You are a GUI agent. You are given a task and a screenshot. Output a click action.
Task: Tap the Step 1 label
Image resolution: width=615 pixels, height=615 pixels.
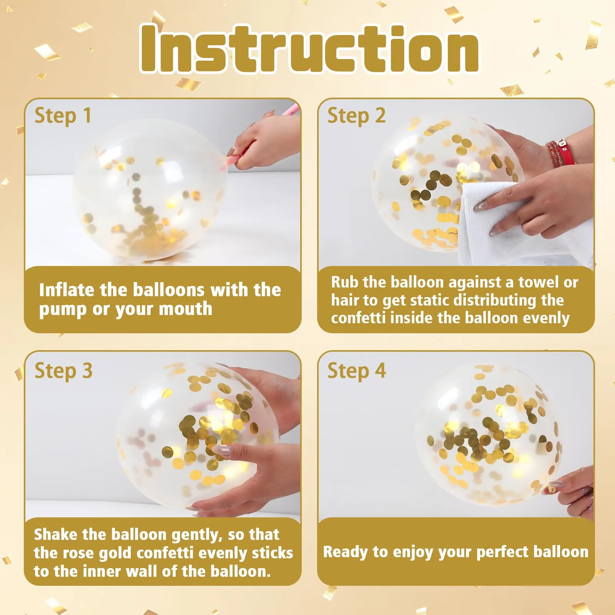tap(63, 116)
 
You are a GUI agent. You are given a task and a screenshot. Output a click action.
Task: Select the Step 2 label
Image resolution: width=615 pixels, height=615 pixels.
tap(356, 116)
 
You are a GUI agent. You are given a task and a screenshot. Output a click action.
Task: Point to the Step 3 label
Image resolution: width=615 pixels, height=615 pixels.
tap(63, 371)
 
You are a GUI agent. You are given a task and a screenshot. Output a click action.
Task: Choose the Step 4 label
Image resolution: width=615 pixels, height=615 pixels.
tap(356, 371)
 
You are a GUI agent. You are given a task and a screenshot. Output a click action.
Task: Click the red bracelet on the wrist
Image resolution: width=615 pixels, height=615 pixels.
tap(562, 153)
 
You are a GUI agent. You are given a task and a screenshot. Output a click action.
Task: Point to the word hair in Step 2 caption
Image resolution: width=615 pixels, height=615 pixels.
tap(345, 300)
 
